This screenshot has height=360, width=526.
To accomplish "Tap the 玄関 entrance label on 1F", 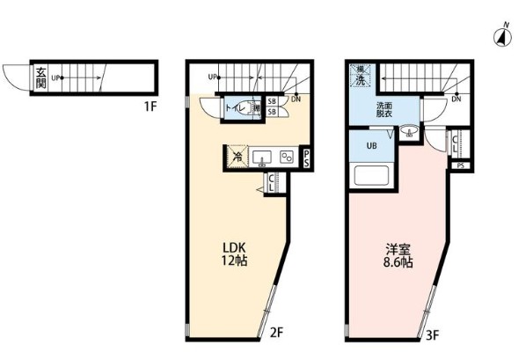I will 40,77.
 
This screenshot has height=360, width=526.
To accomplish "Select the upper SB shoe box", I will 272,102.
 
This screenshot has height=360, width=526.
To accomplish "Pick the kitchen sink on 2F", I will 262,158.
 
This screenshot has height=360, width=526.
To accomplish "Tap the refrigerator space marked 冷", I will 236,157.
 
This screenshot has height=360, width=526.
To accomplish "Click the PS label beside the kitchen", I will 305,158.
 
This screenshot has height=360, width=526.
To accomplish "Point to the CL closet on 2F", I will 272,183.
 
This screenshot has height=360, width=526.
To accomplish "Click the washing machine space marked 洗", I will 361,76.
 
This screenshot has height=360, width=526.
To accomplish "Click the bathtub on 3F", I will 371,174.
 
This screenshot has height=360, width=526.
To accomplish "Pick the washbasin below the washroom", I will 410,134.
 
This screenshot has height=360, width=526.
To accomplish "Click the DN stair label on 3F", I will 456,99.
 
